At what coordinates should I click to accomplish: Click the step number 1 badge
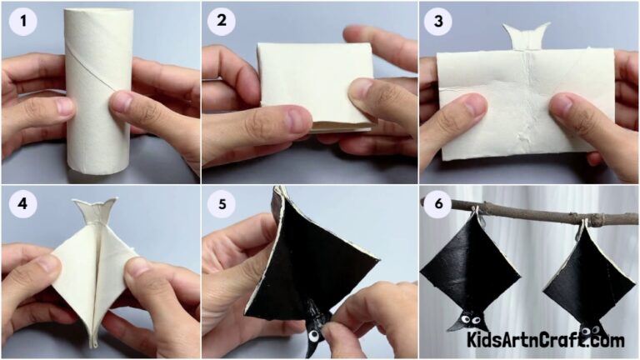click(21, 22)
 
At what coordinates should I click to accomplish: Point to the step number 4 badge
click(21, 205)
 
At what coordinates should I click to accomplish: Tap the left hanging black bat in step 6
click(471, 271)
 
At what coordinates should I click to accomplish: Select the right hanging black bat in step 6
click(588, 279)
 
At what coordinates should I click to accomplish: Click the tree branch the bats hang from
click(533, 215)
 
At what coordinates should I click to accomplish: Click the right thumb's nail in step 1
click(122, 102)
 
